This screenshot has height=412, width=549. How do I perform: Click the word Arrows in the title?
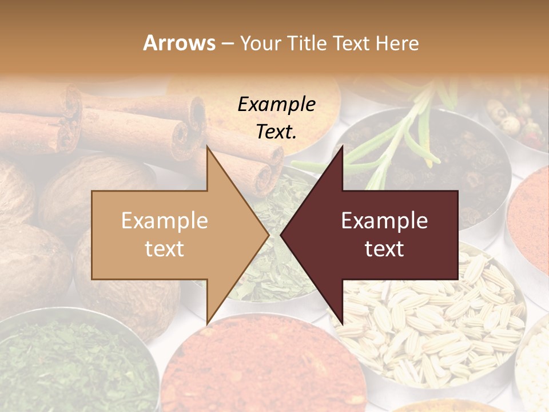[x=179, y=43]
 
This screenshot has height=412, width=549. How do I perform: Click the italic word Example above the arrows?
[x=276, y=104]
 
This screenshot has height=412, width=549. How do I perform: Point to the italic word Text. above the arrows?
[x=276, y=132]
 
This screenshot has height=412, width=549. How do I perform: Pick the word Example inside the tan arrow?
[x=165, y=221]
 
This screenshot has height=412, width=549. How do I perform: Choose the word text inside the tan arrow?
[x=165, y=249]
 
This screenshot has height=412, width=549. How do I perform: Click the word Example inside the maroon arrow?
[x=384, y=221]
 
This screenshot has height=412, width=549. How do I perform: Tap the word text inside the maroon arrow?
[x=384, y=249]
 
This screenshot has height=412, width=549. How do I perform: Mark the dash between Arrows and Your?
[x=227, y=43]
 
